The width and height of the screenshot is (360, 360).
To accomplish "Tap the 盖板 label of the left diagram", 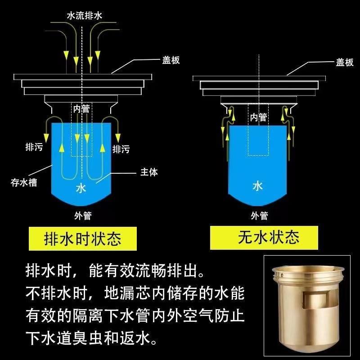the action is click(x=171, y=60).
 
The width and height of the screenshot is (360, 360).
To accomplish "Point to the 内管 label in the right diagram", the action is click(x=258, y=117).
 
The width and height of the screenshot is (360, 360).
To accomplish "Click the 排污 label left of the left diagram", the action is click(x=34, y=147).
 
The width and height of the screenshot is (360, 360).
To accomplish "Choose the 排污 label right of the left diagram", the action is click(x=121, y=149).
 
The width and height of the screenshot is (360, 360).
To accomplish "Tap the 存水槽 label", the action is click(x=23, y=182).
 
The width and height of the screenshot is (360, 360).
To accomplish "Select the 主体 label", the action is click(x=149, y=172).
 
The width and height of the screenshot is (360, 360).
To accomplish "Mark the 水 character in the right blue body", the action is click(x=257, y=186).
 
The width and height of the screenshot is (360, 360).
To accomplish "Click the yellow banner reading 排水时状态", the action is click(x=82, y=238).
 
